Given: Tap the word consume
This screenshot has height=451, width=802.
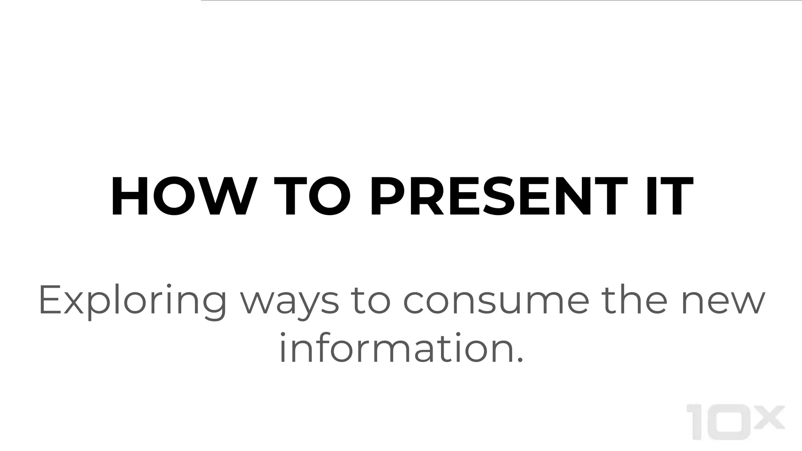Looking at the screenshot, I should (496, 301).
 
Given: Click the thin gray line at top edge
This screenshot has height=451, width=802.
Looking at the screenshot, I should (501, 0).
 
